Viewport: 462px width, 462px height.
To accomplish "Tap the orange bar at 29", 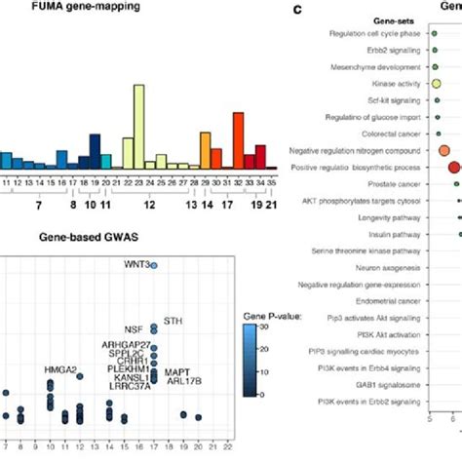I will click(x=206, y=151).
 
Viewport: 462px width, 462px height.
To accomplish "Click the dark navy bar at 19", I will click(x=95, y=151).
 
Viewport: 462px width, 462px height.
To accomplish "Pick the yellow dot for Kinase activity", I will click(x=437, y=84).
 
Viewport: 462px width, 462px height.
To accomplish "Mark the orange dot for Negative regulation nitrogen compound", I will click(x=444, y=150).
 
